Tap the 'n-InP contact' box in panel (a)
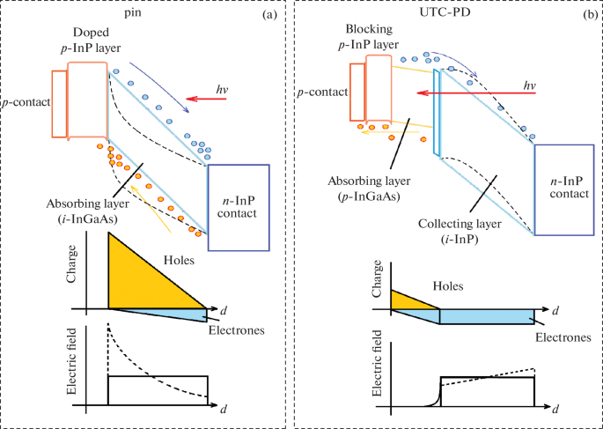coord(237,207)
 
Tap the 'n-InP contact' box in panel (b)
coord(564,189)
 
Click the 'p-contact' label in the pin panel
coord(25,103)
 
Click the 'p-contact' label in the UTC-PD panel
coord(323,92)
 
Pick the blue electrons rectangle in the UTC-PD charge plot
coord(486,317)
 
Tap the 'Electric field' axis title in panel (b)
coord(378,370)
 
